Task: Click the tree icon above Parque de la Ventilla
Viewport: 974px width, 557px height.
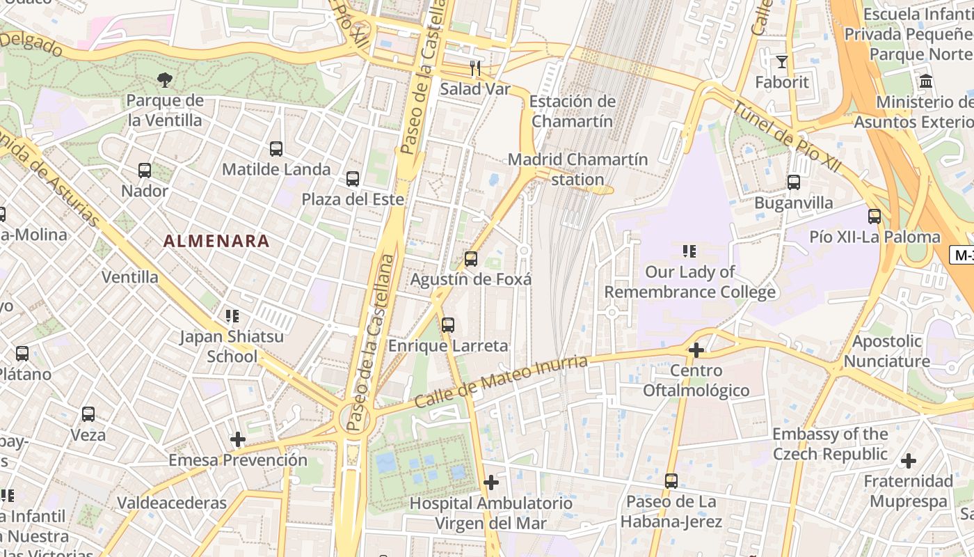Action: click(165, 80)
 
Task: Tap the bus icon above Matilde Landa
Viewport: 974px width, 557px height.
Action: click(276, 148)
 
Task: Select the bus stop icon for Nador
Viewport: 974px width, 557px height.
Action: click(145, 170)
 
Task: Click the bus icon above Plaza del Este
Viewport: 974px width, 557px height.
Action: click(353, 179)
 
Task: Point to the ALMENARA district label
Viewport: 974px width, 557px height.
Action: click(216, 242)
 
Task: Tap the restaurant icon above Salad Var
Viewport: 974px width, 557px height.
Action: click(475, 68)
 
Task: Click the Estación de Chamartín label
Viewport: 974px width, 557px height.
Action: click(572, 111)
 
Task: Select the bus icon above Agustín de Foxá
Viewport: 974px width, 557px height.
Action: click(471, 259)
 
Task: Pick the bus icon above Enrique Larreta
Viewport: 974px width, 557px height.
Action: click(448, 325)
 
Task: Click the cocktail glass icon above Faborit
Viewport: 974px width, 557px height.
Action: click(782, 62)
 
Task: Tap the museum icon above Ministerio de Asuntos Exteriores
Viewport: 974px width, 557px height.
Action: click(926, 81)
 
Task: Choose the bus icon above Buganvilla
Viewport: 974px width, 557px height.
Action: click(794, 182)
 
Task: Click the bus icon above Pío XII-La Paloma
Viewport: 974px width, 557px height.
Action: click(875, 217)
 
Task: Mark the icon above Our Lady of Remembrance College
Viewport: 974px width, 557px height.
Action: click(689, 251)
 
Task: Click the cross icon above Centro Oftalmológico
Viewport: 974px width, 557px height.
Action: click(696, 350)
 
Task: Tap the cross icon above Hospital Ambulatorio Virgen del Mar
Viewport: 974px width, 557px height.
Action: click(491, 482)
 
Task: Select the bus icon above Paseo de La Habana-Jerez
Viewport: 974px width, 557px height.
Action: click(671, 480)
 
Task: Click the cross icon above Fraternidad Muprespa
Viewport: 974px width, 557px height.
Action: click(909, 461)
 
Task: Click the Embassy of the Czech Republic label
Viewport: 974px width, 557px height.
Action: click(830, 444)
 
